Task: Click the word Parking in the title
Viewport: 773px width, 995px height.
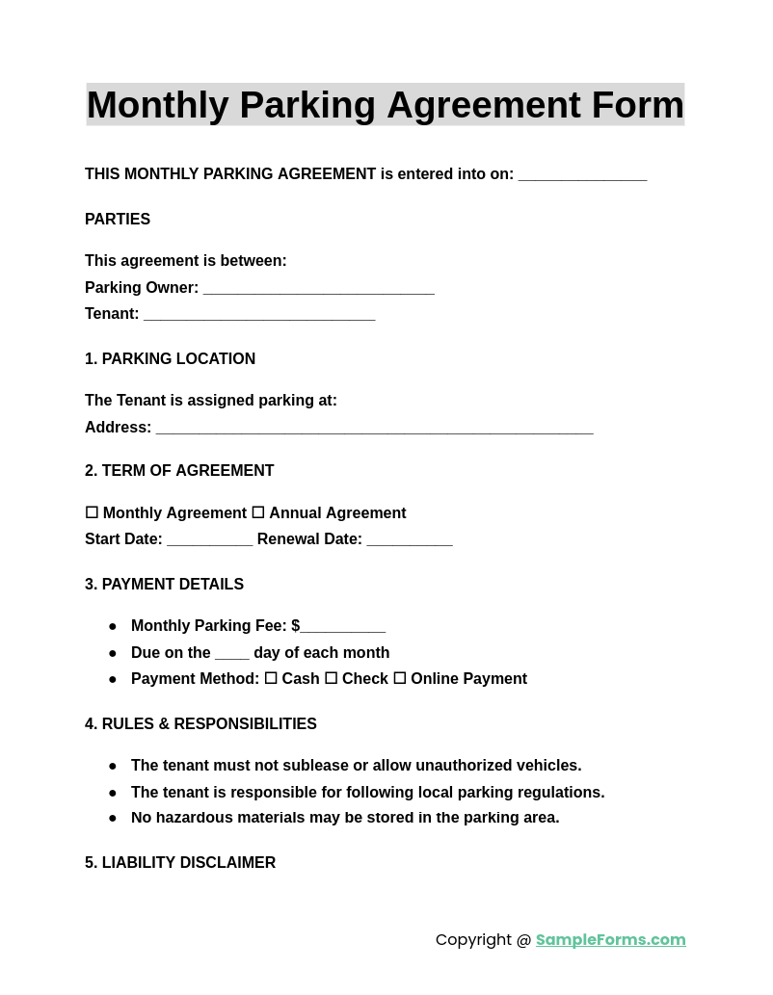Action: tap(307, 105)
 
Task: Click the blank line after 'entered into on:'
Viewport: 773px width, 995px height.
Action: tap(582, 176)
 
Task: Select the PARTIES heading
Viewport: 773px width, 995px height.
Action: tap(118, 220)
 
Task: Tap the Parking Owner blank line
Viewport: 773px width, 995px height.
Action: tap(318, 290)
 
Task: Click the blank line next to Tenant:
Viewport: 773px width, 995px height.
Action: tap(259, 316)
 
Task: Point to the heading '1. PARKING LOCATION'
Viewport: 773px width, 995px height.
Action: tap(170, 359)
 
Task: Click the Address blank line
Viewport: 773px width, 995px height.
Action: tap(374, 430)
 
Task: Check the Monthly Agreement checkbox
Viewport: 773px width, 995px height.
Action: tap(92, 513)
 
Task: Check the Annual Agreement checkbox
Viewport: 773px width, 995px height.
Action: tap(258, 513)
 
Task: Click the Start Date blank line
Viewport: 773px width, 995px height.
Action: tap(209, 541)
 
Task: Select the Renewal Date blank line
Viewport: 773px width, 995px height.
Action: tap(409, 541)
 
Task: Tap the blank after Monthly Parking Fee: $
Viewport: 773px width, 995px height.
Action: tap(343, 628)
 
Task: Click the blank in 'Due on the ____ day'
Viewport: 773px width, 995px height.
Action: tap(231, 655)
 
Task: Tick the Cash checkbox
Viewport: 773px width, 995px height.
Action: tap(271, 679)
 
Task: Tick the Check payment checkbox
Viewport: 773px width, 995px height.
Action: tap(331, 679)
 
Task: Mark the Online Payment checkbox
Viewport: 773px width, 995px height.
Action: tap(399, 679)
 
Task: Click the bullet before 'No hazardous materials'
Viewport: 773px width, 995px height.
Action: tap(113, 819)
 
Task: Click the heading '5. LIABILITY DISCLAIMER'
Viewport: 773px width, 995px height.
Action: tap(180, 863)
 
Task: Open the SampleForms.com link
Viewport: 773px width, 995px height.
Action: tap(610, 940)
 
